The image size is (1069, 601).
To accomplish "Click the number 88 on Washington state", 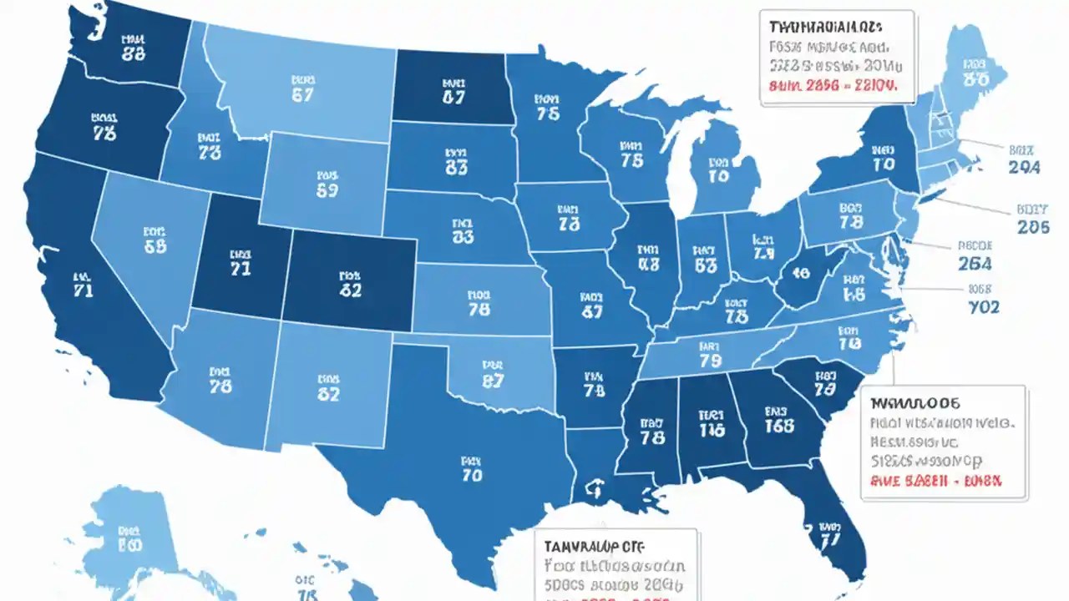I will pyautogui.click(x=133, y=54).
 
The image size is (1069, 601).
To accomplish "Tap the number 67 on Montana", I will pyautogui.click(x=302, y=95).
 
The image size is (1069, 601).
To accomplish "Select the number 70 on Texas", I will pyautogui.click(x=472, y=477).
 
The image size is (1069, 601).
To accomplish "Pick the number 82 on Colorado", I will pyautogui.click(x=351, y=291).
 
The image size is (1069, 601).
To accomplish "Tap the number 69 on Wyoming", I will pyautogui.click(x=327, y=190).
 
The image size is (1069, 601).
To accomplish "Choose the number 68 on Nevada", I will pyautogui.click(x=155, y=246).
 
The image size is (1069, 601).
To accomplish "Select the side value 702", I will pyautogui.click(x=984, y=306).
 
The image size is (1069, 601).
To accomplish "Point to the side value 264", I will pyautogui.click(x=975, y=264).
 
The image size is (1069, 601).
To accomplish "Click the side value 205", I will pyautogui.click(x=1033, y=226).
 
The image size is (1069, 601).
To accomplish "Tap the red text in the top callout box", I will pyautogui.click(x=833, y=85).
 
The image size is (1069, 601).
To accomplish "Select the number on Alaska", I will pyautogui.click(x=130, y=547).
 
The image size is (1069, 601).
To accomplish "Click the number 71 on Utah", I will pyautogui.click(x=240, y=269).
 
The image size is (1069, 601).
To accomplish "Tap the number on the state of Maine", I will pyautogui.click(x=974, y=79).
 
